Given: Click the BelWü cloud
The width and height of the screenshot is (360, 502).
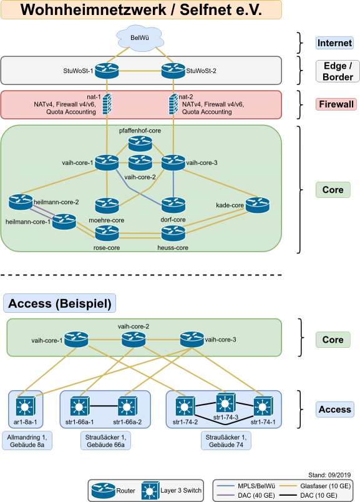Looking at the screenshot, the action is (x=140, y=39).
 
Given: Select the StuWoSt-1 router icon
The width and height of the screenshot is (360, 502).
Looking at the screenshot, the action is (x=107, y=71).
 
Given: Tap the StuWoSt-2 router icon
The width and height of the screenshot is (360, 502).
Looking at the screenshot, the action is (x=173, y=71).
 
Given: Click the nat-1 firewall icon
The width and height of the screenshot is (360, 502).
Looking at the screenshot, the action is (x=107, y=104).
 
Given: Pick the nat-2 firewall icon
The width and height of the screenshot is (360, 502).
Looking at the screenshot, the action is (x=173, y=104).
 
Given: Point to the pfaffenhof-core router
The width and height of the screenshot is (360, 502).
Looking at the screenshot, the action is (x=140, y=144).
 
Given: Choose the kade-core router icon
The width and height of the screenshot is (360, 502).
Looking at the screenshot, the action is (x=258, y=205).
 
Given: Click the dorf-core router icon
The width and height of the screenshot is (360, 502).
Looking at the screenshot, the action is (x=173, y=205).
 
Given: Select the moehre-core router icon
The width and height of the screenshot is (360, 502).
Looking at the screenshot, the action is (x=107, y=206).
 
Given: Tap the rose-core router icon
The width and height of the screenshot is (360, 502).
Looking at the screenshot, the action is (x=107, y=234).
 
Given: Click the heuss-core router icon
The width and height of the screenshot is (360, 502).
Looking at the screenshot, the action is (x=173, y=234).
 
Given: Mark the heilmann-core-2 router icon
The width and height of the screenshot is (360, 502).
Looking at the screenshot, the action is (x=21, y=202).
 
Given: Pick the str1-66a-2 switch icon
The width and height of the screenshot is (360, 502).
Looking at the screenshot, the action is (x=127, y=406).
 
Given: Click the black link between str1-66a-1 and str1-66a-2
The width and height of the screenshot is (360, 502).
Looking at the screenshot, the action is (x=104, y=406).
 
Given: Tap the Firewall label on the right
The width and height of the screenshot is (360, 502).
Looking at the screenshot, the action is (x=336, y=104).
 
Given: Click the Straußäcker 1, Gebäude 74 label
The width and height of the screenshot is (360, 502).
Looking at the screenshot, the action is (x=226, y=441).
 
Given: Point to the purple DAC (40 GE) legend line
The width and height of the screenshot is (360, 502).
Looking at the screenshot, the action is (x=226, y=495).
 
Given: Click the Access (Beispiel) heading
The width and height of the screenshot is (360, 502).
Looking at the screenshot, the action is (x=59, y=303).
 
